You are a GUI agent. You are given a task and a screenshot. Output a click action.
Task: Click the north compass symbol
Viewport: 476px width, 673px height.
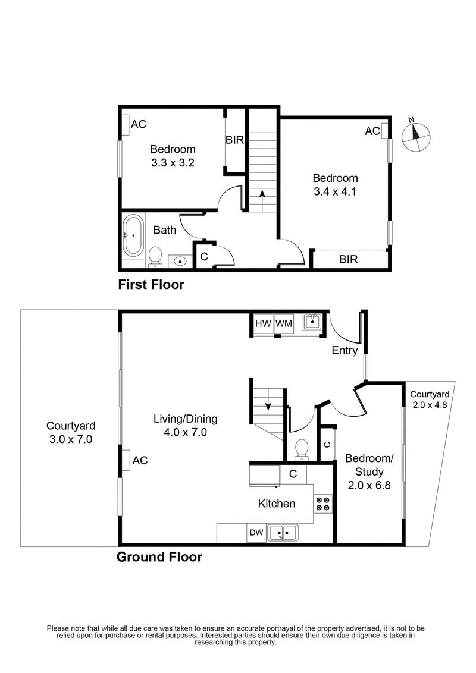pos(415,136)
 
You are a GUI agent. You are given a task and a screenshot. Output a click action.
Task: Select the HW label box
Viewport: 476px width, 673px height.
pos(262,324)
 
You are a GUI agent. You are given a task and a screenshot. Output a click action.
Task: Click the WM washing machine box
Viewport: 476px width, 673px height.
pos(283,324)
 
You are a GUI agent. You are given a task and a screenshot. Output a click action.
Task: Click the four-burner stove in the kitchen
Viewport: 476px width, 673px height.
pos(323,504)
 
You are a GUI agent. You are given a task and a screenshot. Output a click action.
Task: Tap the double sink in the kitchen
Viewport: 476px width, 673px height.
pos(283,533)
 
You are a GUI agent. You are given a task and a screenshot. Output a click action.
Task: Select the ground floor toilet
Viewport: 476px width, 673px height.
pos(302,449)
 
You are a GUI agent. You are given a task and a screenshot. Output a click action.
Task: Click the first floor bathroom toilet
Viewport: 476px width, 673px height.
pos(156,256)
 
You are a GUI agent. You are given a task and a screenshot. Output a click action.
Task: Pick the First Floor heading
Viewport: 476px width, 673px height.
pos(151,285)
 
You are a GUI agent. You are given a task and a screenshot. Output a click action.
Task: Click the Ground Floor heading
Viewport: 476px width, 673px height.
pos(159,557)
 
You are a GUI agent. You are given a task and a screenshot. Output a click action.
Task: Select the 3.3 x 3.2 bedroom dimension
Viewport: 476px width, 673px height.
pos(173,163)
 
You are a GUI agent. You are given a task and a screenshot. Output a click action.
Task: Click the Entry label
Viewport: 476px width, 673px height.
pos(345,351)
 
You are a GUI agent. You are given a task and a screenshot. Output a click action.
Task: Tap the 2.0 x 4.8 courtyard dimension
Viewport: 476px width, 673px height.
pos(428,405)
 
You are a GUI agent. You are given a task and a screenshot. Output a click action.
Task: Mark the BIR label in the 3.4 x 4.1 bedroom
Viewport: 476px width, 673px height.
pos(348,260)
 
